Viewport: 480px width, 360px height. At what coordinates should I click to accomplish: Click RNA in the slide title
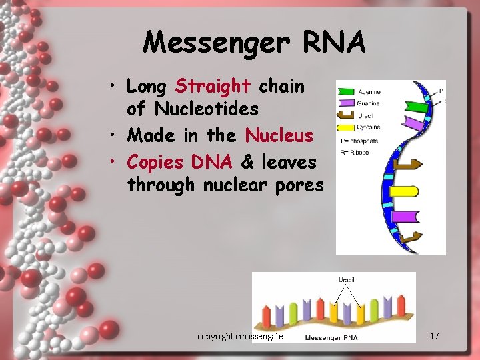coord(335,43)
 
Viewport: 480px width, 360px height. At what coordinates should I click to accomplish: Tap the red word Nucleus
coord(279,135)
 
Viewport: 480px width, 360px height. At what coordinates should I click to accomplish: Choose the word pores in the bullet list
coord(297,185)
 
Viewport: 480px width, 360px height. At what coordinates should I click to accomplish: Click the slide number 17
coord(434,336)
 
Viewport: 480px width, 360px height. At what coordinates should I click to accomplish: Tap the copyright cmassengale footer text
coord(241,336)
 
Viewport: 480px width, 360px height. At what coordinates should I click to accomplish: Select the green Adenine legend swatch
coord(346,92)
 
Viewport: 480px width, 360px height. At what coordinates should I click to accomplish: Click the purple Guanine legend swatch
coord(346,103)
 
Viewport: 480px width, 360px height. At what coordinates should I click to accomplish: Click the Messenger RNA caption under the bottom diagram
coord(331,337)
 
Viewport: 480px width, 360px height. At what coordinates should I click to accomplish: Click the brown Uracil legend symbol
coord(347,115)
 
